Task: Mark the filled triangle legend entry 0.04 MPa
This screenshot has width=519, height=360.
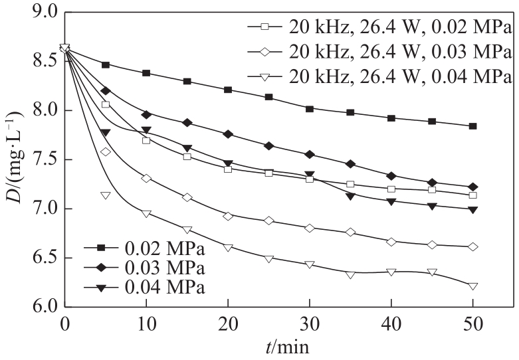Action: click(x=142, y=288)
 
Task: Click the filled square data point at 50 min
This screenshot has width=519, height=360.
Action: click(x=472, y=126)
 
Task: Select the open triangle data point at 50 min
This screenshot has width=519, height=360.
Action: click(x=472, y=286)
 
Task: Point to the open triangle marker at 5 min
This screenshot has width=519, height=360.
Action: click(x=105, y=195)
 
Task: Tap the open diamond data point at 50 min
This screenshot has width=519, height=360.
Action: click(x=472, y=246)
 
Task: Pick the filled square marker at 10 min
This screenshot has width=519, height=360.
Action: click(x=146, y=73)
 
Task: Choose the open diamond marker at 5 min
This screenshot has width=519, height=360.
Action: click(x=105, y=152)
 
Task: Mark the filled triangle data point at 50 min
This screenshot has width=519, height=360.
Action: click(x=472, y=209)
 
